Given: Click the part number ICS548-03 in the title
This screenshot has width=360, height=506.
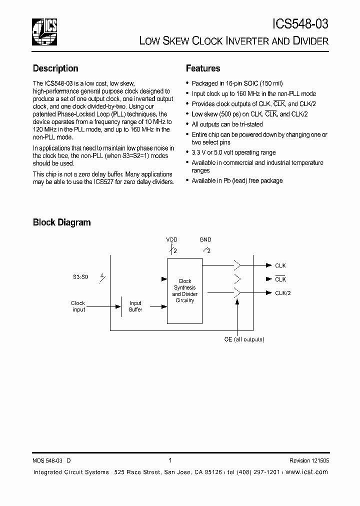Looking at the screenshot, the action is point(300,23).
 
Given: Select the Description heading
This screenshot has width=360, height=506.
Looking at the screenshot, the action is point(55,68).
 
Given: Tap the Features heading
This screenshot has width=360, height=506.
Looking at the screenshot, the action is point(203,68).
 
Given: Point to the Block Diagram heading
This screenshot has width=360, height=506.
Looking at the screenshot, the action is point(61,222).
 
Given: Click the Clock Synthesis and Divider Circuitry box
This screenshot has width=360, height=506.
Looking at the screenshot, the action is point(184,290).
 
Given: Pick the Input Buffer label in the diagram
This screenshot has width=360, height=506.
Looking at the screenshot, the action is point(135,306).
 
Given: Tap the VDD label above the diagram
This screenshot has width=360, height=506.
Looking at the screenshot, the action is point(171,240).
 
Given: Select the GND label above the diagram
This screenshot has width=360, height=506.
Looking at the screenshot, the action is point(205,240).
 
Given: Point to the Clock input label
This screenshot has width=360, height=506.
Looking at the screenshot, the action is point(78,306).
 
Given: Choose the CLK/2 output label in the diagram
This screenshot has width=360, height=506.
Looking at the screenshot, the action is point(283,293).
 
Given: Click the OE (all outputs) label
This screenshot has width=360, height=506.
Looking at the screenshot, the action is point(244,339).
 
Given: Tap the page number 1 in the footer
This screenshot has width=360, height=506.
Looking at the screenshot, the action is point(170,460).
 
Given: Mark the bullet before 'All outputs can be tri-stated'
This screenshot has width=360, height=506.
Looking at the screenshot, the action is point(187,124).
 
